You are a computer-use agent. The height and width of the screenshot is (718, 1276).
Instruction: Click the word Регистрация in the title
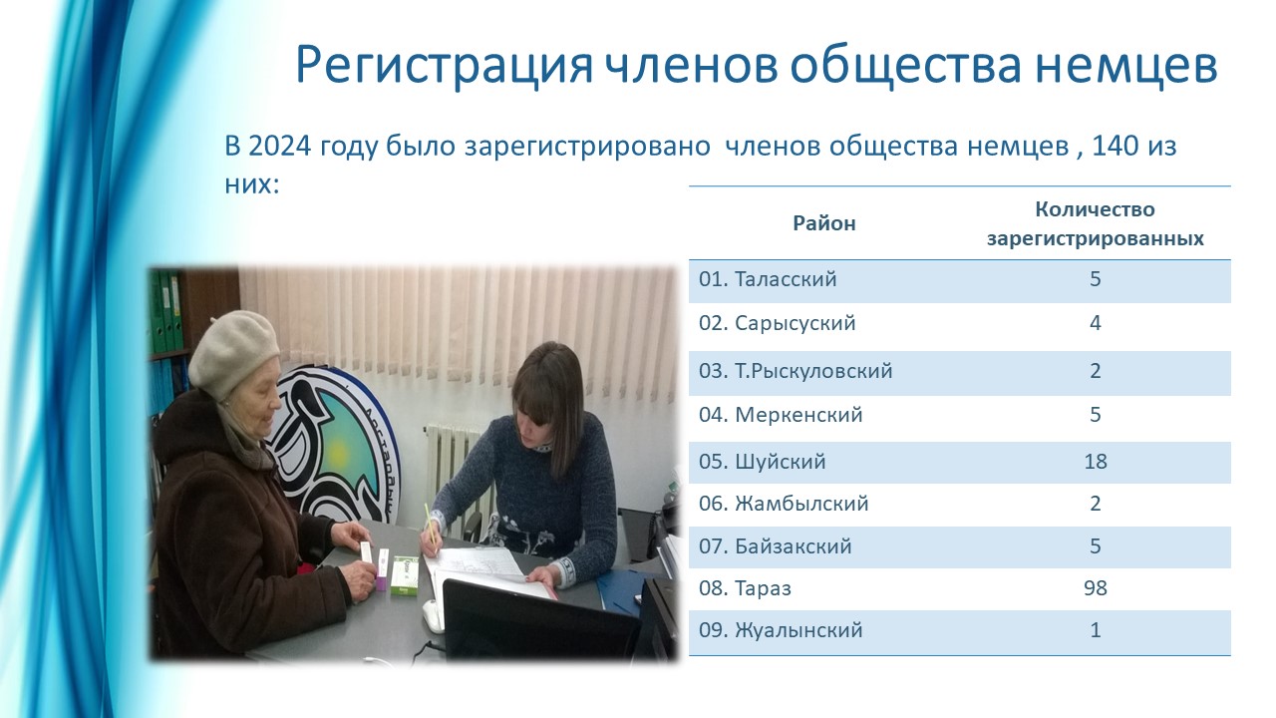point(444,67)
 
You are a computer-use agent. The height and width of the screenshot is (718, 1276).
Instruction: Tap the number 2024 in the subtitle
point(280,146)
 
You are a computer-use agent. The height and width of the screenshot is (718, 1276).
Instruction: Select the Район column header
point(824,223)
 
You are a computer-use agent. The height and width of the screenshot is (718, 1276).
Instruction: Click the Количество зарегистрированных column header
point(1095,224)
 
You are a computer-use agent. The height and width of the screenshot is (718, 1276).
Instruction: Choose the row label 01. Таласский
point(768,279)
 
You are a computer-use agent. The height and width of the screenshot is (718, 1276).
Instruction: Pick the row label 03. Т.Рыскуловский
point(796,371)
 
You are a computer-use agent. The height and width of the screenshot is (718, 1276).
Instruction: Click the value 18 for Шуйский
point(1095,461)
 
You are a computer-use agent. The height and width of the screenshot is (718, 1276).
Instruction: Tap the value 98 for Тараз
point(1095,587)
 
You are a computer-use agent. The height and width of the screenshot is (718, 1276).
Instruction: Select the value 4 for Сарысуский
point(1095,323)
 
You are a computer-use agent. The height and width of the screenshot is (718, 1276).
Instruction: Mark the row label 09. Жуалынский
point(781,630)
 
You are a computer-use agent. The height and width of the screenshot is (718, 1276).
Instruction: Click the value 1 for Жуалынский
point(1095,629)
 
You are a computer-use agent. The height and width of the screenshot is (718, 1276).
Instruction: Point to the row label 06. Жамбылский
point(784,504)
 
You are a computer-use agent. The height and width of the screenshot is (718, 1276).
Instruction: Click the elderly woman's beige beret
point(233,352)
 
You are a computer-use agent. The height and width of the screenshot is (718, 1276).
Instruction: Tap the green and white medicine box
point(405,575)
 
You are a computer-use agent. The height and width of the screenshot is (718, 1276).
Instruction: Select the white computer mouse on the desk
point(433,616)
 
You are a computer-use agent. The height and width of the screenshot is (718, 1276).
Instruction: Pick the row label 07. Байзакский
point(776,546)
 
